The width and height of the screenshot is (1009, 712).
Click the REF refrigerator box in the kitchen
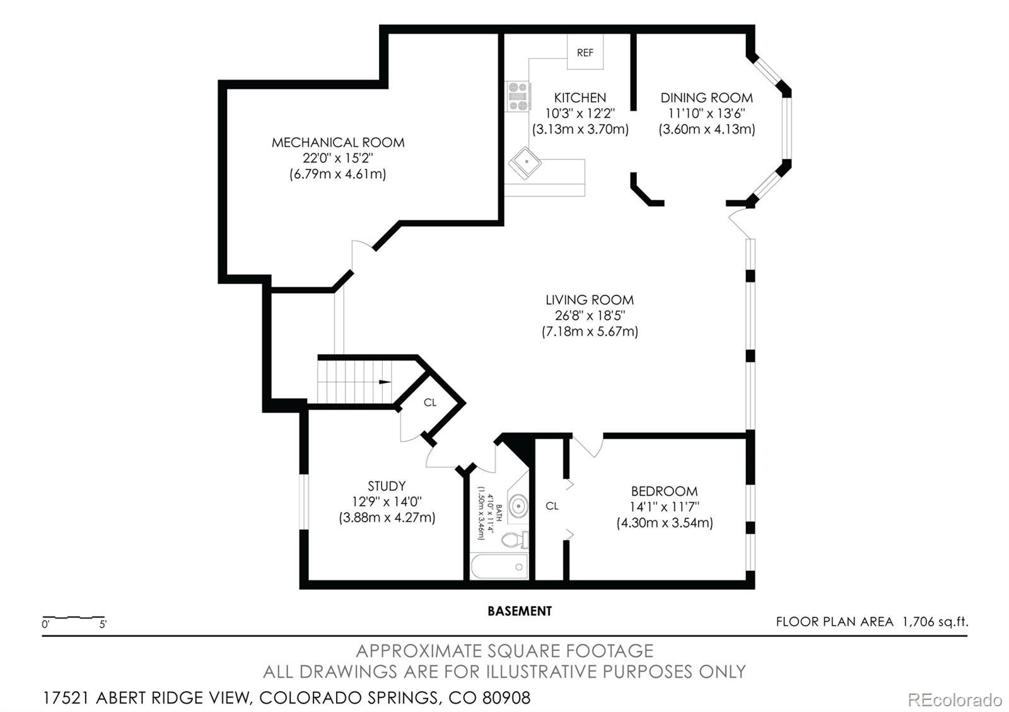585,52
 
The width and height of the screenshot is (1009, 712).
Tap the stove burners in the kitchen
518,96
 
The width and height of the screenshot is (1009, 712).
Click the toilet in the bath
515,540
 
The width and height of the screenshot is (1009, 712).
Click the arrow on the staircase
384,382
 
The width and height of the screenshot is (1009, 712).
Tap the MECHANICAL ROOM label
338,142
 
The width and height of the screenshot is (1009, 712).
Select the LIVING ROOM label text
590,300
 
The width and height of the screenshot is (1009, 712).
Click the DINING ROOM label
706,98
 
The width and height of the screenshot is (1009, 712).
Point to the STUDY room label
387,486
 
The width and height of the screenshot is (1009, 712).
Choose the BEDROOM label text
664,491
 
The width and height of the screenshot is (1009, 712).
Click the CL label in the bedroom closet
552,506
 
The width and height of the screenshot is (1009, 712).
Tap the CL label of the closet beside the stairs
430,403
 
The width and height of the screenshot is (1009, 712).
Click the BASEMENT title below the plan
520,611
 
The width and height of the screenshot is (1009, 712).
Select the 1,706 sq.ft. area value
935,622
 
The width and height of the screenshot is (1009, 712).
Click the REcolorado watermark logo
954,699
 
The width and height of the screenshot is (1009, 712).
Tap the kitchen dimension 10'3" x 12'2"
580,113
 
